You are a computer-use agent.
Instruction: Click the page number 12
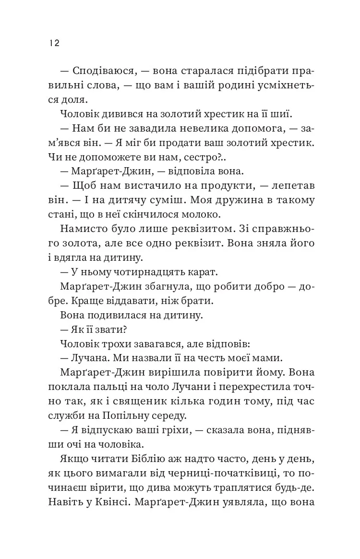point(53,43)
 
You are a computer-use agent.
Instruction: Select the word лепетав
point(286,186)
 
